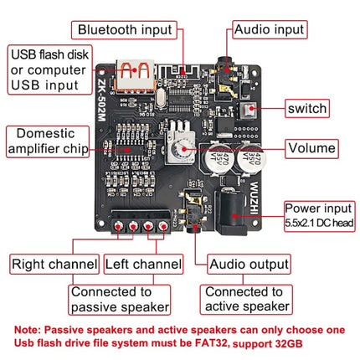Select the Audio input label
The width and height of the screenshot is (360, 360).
pos(270,30)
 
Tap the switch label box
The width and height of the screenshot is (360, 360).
pos(306,108)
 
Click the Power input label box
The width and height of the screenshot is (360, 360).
pos(318,213)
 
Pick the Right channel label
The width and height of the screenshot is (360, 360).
pos(54,264)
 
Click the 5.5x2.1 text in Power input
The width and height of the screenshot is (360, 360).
pos(301,224)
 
